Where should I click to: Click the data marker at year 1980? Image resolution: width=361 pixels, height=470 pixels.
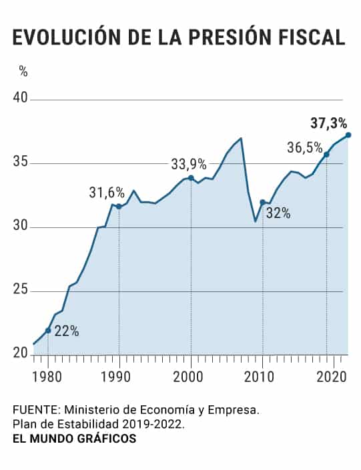[x=48, y=330]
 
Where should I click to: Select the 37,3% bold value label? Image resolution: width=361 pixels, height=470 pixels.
[x=328, y=123]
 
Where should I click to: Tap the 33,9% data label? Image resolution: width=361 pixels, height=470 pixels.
[x=189, y=165]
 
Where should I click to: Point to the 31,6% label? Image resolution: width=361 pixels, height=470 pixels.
[x=107, y=193]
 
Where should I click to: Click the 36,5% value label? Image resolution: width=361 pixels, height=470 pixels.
[x=305, y=148]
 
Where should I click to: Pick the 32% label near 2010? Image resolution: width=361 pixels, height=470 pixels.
[x=278, y=213]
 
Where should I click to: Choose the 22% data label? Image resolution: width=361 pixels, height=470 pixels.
[x=67, y=331]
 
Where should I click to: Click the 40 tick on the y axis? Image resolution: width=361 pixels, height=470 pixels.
[x=20, y=98]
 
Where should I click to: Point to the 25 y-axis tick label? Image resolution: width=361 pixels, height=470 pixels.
[x=20, y=290]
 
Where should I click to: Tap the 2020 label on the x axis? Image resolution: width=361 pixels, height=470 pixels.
[x=332, y=377]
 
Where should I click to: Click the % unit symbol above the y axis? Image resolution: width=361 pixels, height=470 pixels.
[x=23, y=71]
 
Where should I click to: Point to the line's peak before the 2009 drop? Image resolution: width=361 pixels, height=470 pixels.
[x=241, y=138]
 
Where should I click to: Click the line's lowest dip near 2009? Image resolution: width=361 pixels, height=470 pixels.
[x=255, y=221]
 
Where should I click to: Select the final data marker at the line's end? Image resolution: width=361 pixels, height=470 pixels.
[x=348, y=135]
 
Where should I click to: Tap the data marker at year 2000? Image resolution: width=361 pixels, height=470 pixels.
[x=191, y=178]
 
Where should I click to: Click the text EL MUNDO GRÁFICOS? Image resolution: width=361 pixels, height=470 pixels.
[x=75, y=439]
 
